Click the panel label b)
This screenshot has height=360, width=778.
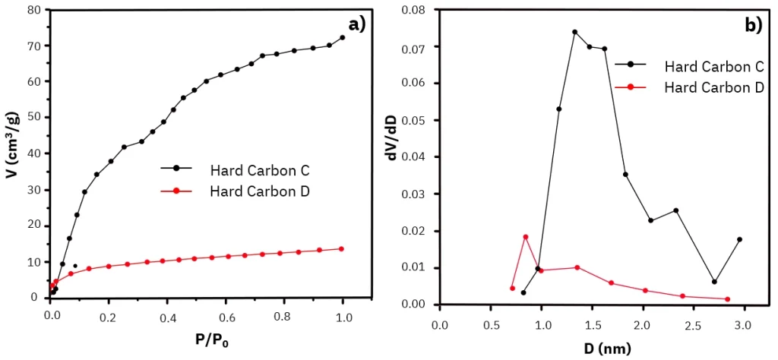point(753,25)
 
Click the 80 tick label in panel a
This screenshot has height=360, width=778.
point(32,10)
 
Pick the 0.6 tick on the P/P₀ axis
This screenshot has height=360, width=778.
point(226,313)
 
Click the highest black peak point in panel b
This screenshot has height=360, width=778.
point(574,32)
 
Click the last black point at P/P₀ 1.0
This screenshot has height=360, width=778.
point(343,37)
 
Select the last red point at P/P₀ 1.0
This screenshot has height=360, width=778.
point(342,248)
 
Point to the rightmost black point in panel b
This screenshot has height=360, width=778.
point(739,239)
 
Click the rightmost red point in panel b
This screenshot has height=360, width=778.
point(728,298)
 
